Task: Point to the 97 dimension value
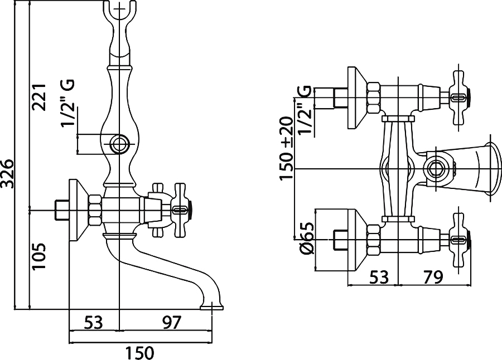coord(172,322)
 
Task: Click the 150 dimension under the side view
coord(139,353)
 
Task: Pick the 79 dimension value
coord(433,277)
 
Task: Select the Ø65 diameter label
coord(307,239)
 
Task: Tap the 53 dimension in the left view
coord(94,322)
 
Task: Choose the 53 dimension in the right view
coord(379,277)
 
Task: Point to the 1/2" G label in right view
coord(304,109)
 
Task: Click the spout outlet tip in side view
coord(211,308)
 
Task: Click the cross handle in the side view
coord(181,210)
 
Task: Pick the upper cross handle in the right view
coord(458,98)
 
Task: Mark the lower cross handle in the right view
coord(458,239)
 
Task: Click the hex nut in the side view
coord(96,210)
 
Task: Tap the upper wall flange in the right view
coord(356,98)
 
